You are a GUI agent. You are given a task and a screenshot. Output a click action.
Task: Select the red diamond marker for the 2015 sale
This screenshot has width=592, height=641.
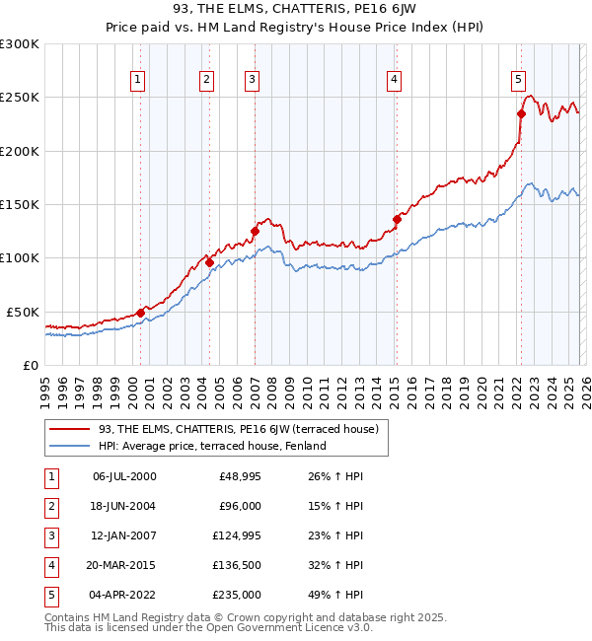point(397,219)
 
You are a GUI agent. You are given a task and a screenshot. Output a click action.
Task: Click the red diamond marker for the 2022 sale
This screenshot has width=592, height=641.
point(520,113)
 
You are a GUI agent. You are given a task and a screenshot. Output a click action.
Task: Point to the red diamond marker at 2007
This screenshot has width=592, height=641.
point(254,232)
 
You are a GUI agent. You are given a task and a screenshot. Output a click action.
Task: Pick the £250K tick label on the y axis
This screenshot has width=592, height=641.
point(20,98)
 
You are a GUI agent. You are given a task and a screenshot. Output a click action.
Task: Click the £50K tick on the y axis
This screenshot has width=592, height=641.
point(23,312)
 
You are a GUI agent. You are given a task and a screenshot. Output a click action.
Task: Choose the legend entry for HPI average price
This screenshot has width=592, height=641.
point(211,446)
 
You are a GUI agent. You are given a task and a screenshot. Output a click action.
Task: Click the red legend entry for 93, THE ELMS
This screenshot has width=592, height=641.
point(231,428)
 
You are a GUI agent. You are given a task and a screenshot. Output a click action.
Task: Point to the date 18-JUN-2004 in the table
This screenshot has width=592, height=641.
point(124,506)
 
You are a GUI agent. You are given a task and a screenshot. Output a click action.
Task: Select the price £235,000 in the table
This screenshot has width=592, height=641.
point(237,595)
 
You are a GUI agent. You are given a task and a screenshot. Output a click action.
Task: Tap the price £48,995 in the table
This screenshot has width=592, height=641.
point(240,476)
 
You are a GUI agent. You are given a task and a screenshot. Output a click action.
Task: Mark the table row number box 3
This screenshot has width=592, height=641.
point(52,535)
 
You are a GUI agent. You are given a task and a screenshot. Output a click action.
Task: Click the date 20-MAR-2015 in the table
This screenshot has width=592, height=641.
point(124,565)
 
